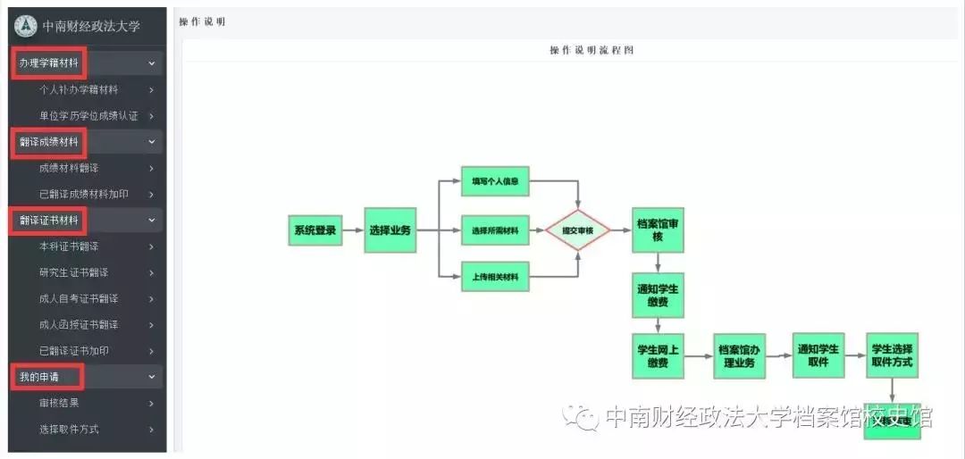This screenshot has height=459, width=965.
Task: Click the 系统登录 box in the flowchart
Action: pos(315,230)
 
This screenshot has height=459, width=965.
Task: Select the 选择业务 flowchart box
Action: pos(390,230)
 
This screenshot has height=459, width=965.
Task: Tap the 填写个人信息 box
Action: pos(495,181)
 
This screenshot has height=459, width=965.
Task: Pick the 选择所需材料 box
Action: pos(495,230)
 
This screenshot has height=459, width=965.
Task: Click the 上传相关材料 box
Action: pos(495,277)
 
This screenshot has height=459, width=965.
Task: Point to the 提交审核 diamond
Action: pos(578,230)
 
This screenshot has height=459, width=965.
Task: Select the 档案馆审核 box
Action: pos(658,229)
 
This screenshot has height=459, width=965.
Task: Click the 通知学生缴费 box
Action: pos(658,296)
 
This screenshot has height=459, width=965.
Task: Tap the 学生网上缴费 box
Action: pos(658,355)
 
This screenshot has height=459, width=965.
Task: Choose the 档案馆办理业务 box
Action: pos(740,355)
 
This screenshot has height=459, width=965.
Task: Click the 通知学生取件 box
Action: pos(818,355)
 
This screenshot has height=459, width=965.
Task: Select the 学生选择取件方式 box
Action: pos(892,355)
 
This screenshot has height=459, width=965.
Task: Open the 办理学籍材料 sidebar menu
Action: pos(49,63)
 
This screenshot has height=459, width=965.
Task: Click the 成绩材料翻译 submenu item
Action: pos(69,168)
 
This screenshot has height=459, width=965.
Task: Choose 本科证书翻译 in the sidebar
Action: pos(69,246)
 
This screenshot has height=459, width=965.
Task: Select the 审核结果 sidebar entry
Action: pos(59,403)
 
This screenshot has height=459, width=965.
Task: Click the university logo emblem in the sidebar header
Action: pos(26,26)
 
